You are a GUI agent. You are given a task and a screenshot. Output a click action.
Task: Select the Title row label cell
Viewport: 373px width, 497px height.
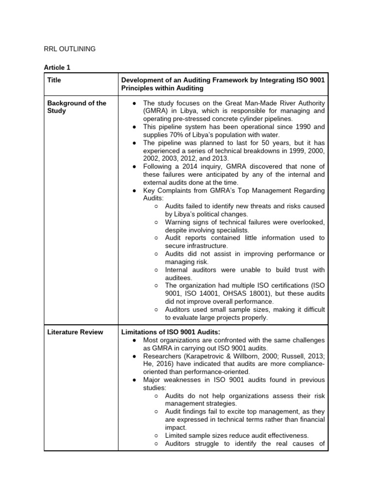54,80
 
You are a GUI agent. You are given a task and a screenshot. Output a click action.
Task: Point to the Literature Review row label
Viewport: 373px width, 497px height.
75,332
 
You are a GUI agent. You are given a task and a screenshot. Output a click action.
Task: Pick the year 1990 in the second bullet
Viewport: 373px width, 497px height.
303,127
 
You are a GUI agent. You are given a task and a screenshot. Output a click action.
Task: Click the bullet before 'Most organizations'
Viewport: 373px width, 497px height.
134,341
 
